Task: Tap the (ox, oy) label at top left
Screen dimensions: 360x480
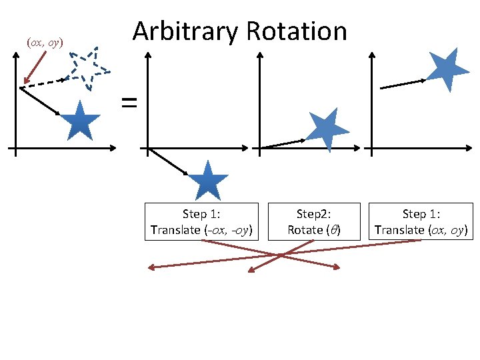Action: [44, 43]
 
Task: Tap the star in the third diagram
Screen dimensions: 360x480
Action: [327, 129]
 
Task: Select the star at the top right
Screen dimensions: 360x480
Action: [445, 69]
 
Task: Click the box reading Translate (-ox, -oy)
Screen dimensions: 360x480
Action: [201, 222]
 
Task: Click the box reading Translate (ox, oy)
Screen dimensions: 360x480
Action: [421, 222]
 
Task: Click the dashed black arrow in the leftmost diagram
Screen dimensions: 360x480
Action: [44, 83]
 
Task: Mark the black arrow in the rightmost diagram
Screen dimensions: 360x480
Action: [402, 84]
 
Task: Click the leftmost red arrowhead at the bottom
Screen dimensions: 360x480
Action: [151, 268]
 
